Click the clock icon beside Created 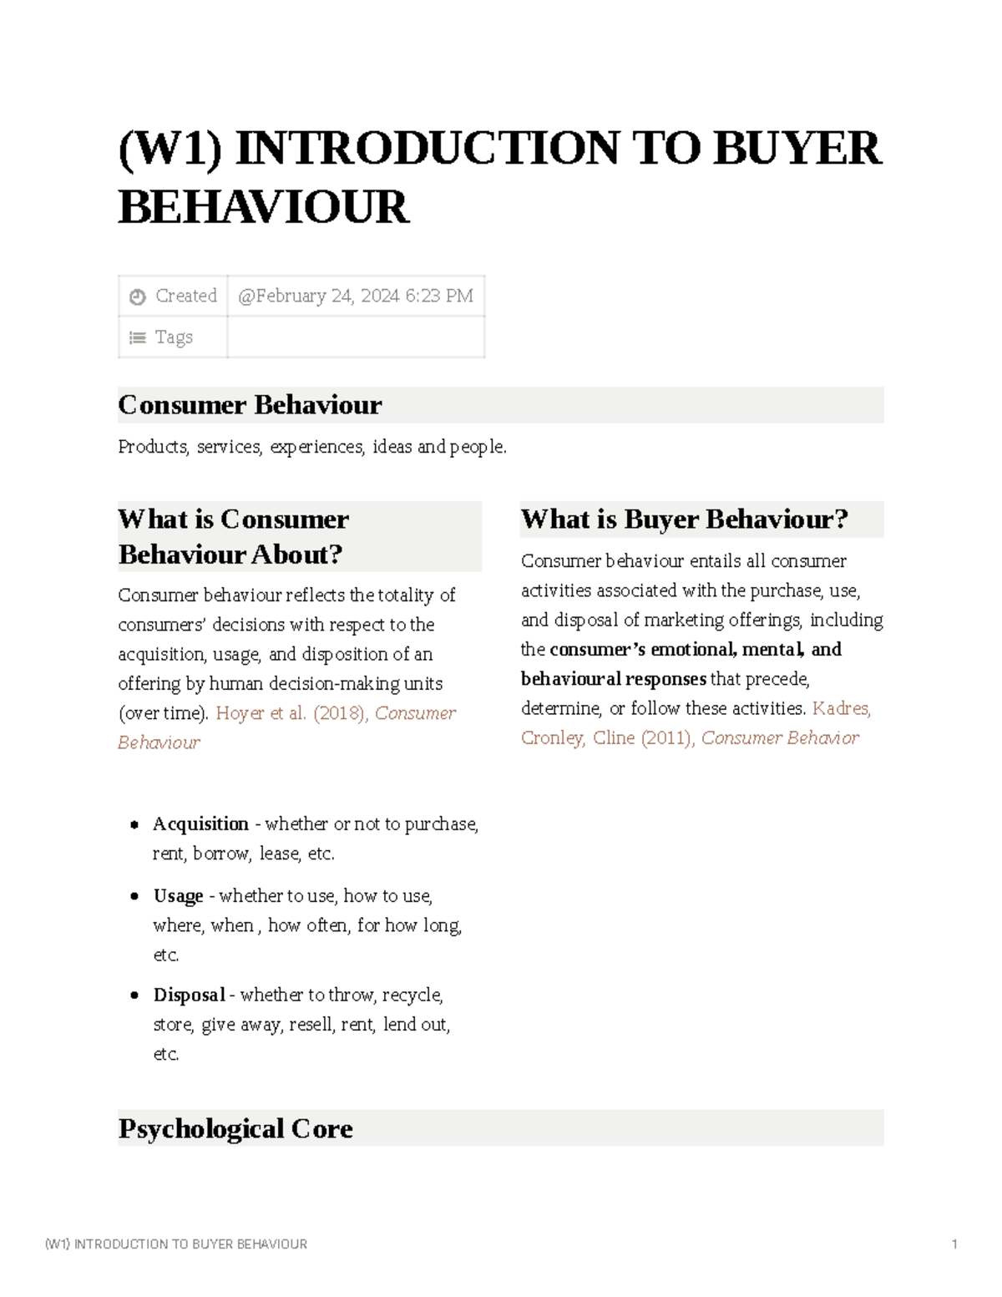[x=138, y=296]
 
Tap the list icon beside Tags [x=138, y=338]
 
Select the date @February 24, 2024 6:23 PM [x=355, y=296]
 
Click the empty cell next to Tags [x=355, y=337]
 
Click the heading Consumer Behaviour [x=250, y=405]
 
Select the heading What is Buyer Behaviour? [x=684, y=519]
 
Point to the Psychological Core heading [x=235, y=1128]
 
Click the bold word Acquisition [x=200, y=824]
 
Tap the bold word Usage [x=178, y=896]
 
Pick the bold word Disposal [x=189, y=996]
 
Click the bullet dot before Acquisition [x=134, y=825]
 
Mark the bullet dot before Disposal [x=134, y=996]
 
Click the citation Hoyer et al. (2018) [x=291, y=713]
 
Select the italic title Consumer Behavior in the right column [x=779, y=738]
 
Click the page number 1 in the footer [x=954, y=1244]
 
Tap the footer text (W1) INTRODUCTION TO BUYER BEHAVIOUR [x=176, y=1244]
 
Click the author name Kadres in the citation [x=840, y=709]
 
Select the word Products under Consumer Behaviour [x=153, y=448]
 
